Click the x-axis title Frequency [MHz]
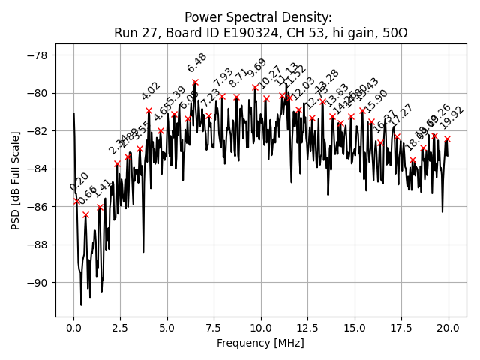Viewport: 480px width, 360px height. (260, 343)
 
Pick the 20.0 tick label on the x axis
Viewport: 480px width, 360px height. (448, 327)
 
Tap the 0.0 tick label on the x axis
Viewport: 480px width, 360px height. (73, 327)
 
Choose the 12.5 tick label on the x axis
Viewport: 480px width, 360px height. (308, 327)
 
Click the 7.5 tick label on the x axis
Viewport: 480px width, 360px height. (214, 327)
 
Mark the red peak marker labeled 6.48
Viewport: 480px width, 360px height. (195, 82)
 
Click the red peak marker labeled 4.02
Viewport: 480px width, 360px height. (148, 110)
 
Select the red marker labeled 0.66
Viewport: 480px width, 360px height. (85, 214)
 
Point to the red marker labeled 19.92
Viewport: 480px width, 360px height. (447, 139)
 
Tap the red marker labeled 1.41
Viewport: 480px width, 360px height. (100, 207)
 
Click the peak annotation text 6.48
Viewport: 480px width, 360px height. (197, 63)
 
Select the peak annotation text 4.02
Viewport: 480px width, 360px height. (151, 91)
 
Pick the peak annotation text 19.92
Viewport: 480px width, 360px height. (452, 118)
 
